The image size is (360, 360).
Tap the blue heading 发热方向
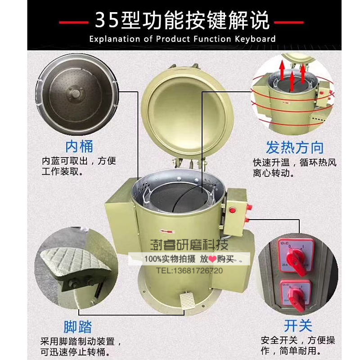tap(295, 147)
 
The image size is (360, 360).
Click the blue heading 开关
tap(298, 325)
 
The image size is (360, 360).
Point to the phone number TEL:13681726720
tap(189, 270)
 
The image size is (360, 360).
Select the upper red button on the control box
tap(233, 210)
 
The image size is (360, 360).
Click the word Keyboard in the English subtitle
tap(255, 39)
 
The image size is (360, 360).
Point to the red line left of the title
tap(74, 21)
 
